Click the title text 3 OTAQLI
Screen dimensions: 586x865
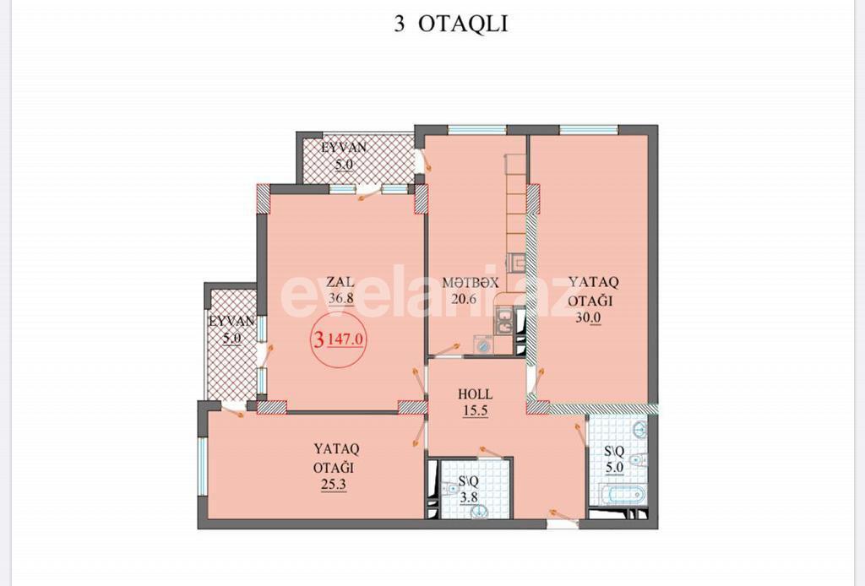[450, 24]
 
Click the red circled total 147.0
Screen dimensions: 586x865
[341, 339]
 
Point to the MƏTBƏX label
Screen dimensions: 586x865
[471, 283]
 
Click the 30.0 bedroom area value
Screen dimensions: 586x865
[588, 318]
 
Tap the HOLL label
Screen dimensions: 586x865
[475, 394]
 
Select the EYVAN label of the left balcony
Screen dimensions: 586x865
[231, 322]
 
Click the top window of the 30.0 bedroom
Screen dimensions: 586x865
[588, 130]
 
